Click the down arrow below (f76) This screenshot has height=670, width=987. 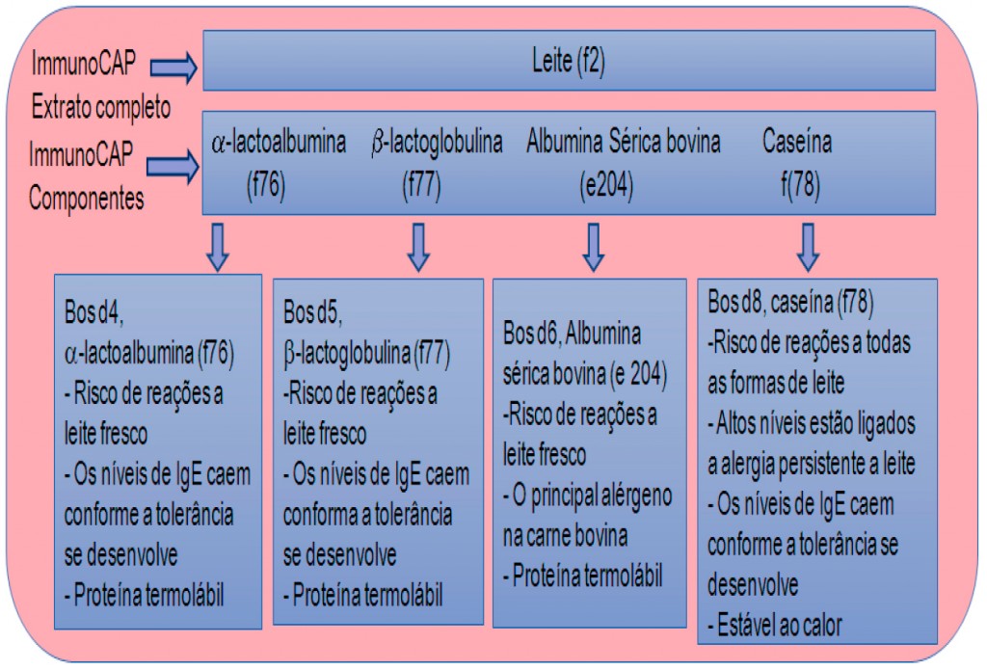point(219,247)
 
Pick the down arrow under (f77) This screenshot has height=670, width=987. point(417,247)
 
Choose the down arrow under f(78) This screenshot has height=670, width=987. point(809,247)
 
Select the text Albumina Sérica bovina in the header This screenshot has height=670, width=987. point(624,144)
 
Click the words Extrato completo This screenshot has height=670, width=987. point(100,106)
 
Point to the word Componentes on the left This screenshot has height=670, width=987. point(88,199)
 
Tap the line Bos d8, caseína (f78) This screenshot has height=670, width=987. point(791,302)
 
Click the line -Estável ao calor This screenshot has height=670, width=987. point(775,626)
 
